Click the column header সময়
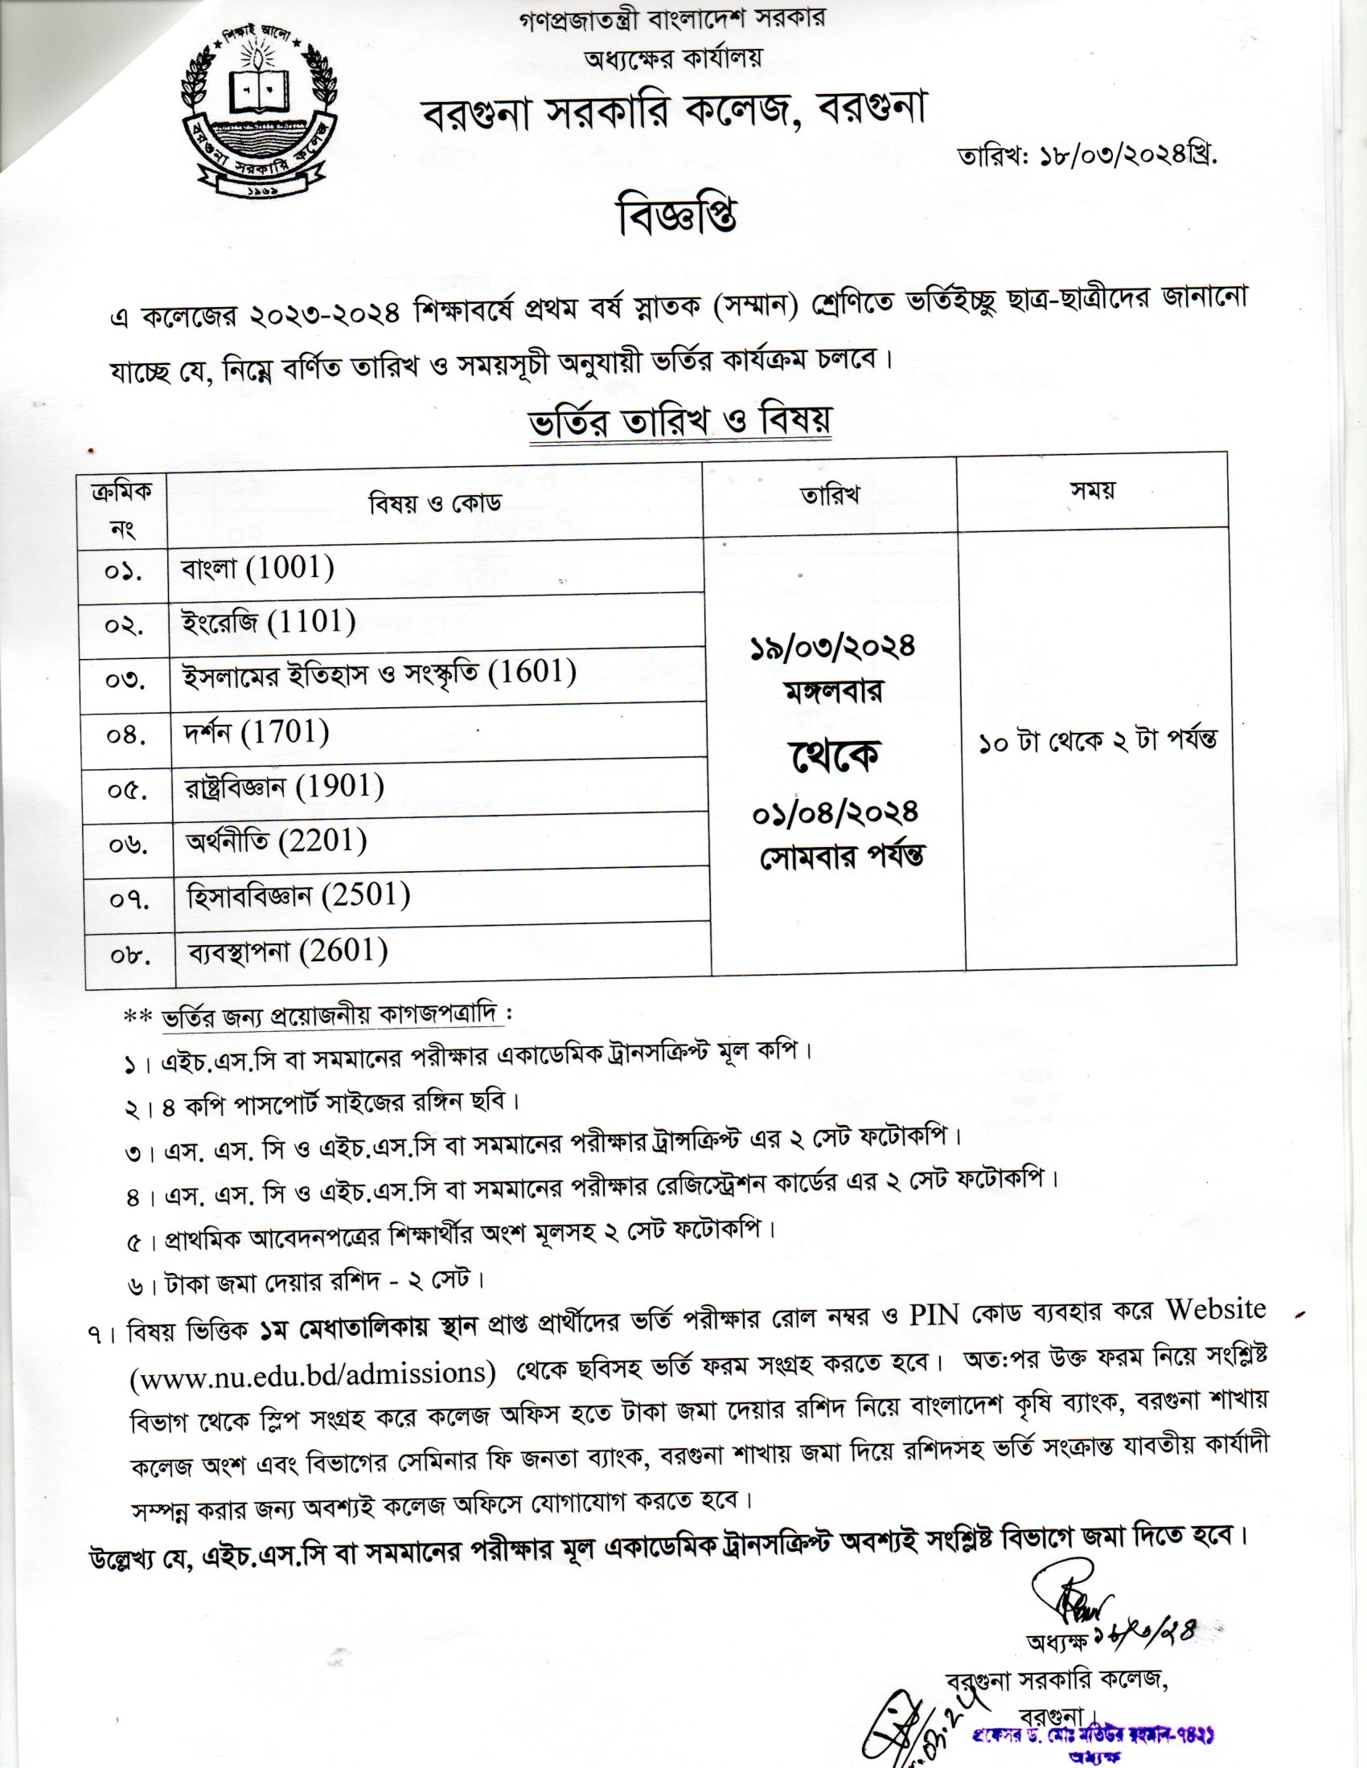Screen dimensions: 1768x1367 point(1094,491)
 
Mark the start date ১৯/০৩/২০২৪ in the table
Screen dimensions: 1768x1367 point(831,647)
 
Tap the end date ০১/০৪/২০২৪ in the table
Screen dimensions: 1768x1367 point(835,812)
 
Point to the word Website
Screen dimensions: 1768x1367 point(1216,1310)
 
